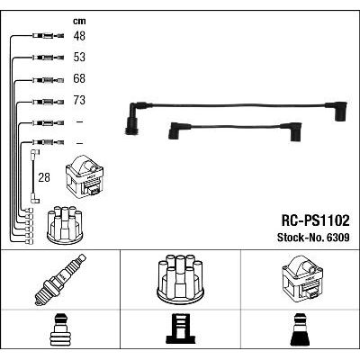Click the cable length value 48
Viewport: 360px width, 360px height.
pyautogui.click(x=79, y=36)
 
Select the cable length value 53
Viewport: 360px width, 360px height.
pyautogui.click(x=79, y=57)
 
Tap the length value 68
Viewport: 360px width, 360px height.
pyautogui.click(x=79, y=78)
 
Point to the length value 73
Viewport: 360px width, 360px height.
pyautogui.click(x=79, y=100)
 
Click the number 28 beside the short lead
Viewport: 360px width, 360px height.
pyautogui.click(x=44, y=177)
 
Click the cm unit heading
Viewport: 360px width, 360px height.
pyautogui.click(x=79, y=21)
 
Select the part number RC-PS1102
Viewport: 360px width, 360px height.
pyautogui.click(x=315, y=220)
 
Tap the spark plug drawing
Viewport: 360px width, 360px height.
pyautogui.click(x=60, y=280)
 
